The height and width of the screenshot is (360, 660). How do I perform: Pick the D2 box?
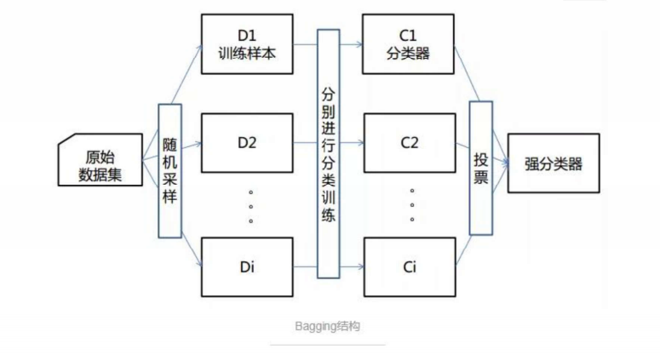coord(248,143)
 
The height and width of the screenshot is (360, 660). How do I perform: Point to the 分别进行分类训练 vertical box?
coord(329,153)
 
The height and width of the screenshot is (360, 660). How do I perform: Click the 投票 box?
coord(481,167)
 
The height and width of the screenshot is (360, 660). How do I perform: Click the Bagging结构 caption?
coord(329,325)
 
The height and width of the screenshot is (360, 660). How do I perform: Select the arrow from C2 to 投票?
coord(462,143)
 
